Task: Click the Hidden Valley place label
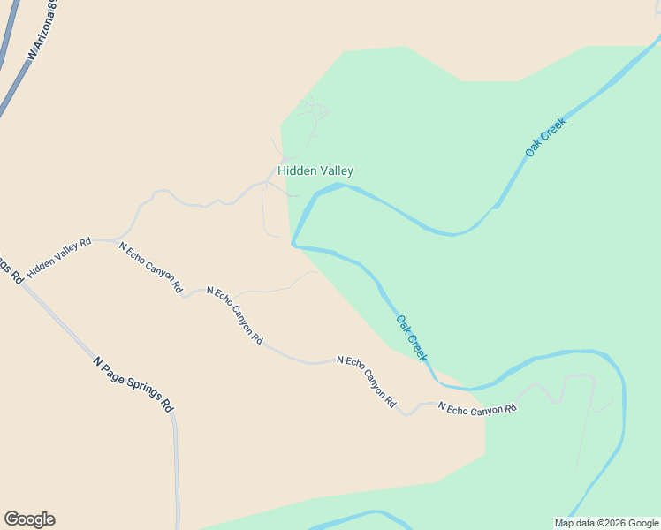(315, 170)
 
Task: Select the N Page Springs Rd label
(133, 384)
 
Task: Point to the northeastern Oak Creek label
(544, 137)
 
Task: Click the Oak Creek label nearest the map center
(411, 338)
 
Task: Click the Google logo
(29, 519)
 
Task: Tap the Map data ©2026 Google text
(606, 523)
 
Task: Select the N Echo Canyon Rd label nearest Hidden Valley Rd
(150, 267)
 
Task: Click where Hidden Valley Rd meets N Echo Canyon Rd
(115, 240)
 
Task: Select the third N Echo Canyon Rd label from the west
(366, 381)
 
